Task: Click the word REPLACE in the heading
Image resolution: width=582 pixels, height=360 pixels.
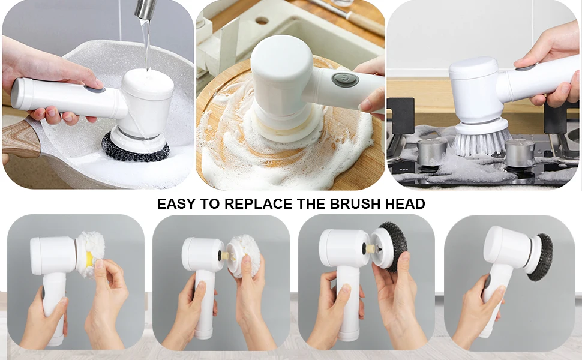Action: pyautogui.click(x=259, y=204)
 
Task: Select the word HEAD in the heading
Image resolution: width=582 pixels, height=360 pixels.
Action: pyautogui.click(x=409, y=204)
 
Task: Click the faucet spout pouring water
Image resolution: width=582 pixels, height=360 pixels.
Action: pyautogui.click(x=145, y=8)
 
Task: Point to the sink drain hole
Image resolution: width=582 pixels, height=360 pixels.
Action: pyautogui.click(x=262, y=20)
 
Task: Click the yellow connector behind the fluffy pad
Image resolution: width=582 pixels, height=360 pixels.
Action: pyautogui.click(x=89, y=259)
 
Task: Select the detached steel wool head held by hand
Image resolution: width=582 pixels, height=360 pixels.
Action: pyautogui.click(x=393, y=247)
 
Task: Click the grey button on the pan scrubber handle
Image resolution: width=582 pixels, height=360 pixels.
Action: pyautogui.click(x=94, y=90)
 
